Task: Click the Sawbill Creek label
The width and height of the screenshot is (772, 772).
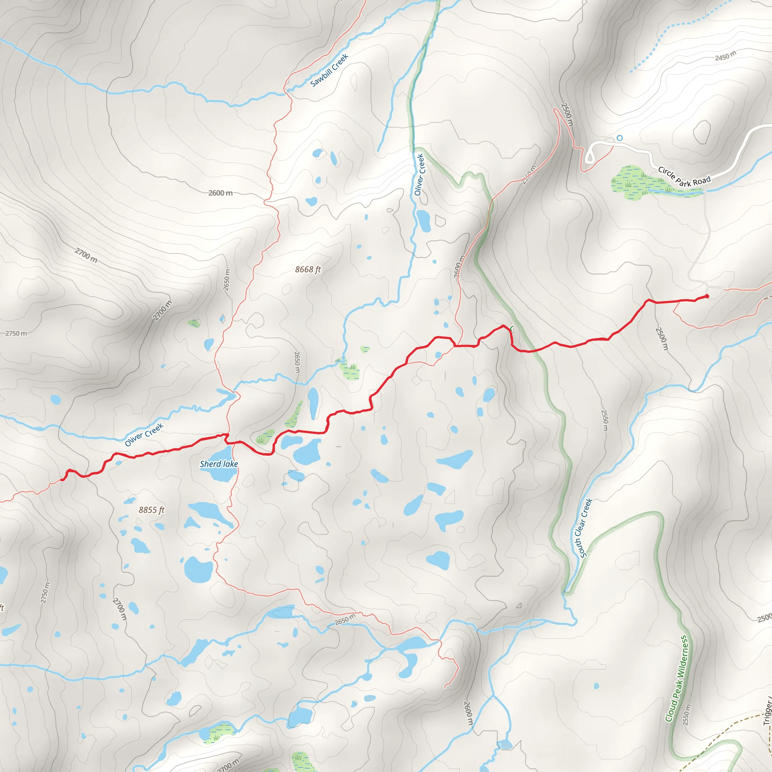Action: point(329,70)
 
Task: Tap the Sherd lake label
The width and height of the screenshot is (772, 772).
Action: point(219,464)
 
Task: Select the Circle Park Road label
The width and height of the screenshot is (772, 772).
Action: point(684,177)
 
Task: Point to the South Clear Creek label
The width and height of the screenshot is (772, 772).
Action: point(583,528)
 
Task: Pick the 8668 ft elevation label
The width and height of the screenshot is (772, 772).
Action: point(308,270)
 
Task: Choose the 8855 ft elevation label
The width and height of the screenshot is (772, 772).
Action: point(152,510)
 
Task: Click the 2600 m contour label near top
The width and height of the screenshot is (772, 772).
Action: point(221,193)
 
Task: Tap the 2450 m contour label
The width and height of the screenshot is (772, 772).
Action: point(725,56)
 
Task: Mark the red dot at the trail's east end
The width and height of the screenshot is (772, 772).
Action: point(707,296)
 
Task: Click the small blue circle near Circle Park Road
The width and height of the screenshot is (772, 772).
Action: point(620,138)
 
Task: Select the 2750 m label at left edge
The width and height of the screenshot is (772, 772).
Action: point(16,333)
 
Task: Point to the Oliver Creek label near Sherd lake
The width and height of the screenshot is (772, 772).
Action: point(144,435)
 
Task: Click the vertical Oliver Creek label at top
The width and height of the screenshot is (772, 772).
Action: point(419,175)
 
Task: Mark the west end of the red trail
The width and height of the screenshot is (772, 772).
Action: point(62,479)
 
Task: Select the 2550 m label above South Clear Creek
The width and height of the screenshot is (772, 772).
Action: point(605,420)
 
